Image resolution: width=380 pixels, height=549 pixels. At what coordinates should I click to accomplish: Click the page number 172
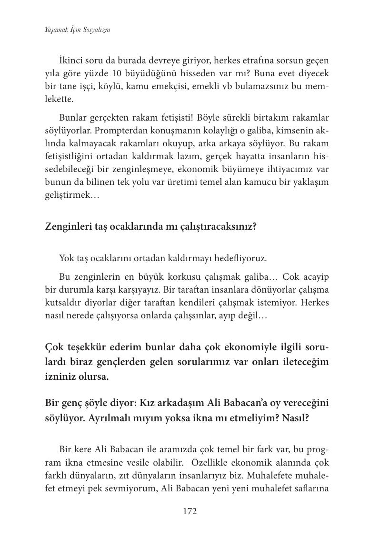click(190, 511)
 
